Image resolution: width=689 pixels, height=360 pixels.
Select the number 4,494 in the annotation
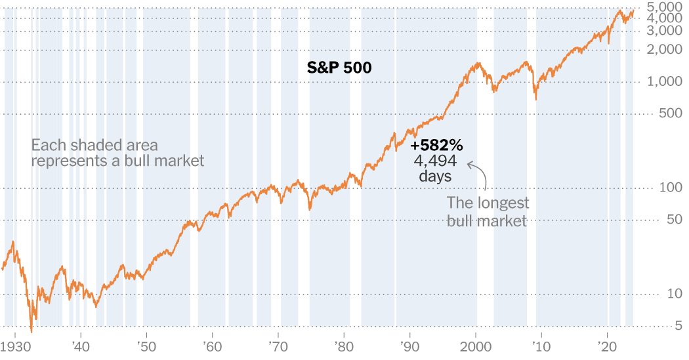(x=436, y=161)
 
